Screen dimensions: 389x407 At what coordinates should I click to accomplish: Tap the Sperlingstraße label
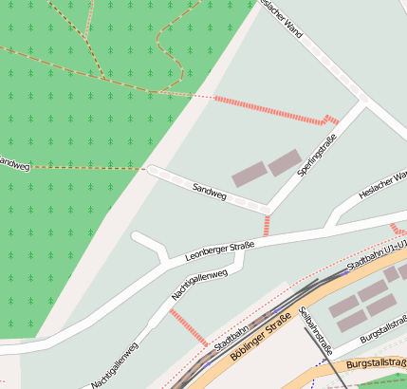(318, 157)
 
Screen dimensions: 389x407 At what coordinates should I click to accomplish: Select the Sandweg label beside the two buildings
(210, 191)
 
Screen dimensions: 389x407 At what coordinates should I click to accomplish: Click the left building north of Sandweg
(250, 174)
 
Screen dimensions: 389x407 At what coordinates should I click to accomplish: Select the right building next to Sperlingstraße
(284, 163)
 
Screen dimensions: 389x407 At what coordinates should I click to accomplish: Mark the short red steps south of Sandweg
(267, 225)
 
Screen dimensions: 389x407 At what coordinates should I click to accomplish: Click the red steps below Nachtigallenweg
(188, 326)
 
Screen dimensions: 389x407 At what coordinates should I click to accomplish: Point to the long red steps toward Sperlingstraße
(269, 110)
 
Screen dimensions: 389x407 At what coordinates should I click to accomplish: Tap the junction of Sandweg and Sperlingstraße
(269, 208)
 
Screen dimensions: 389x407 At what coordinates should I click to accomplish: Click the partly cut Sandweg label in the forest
(15, 163)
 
